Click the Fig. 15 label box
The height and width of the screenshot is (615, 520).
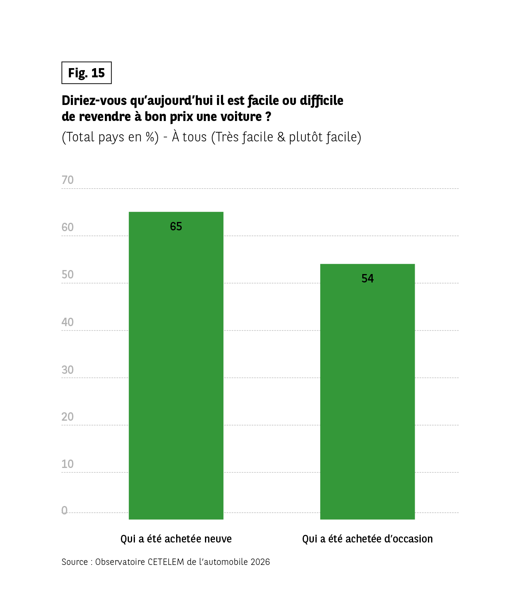[x=86, y=73]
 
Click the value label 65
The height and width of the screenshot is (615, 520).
[x=176, y=226]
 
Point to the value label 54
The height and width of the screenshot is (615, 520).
[x=367, y=278]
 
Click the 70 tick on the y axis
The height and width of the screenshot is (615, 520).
[x=68, y=180]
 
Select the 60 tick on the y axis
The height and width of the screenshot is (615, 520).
[x=68, y=227]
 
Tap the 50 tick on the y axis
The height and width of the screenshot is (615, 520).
[x=68, y=274]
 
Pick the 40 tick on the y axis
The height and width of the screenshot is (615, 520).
[x=68, y=322]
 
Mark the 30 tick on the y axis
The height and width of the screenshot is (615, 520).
[x=68, y=369]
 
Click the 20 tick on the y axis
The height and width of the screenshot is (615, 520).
[x=68, y=417]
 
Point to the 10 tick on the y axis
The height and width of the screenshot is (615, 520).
[x=68, y=464]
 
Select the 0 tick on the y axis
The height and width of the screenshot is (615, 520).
[x=64, y=510]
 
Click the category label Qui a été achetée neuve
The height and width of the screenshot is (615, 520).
[x=176, y=539]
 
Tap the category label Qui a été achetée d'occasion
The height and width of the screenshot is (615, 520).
[x=367, y=539]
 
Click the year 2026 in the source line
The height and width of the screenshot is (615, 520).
[x=260, y=562]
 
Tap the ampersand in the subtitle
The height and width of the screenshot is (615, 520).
[x=281, y=137]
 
